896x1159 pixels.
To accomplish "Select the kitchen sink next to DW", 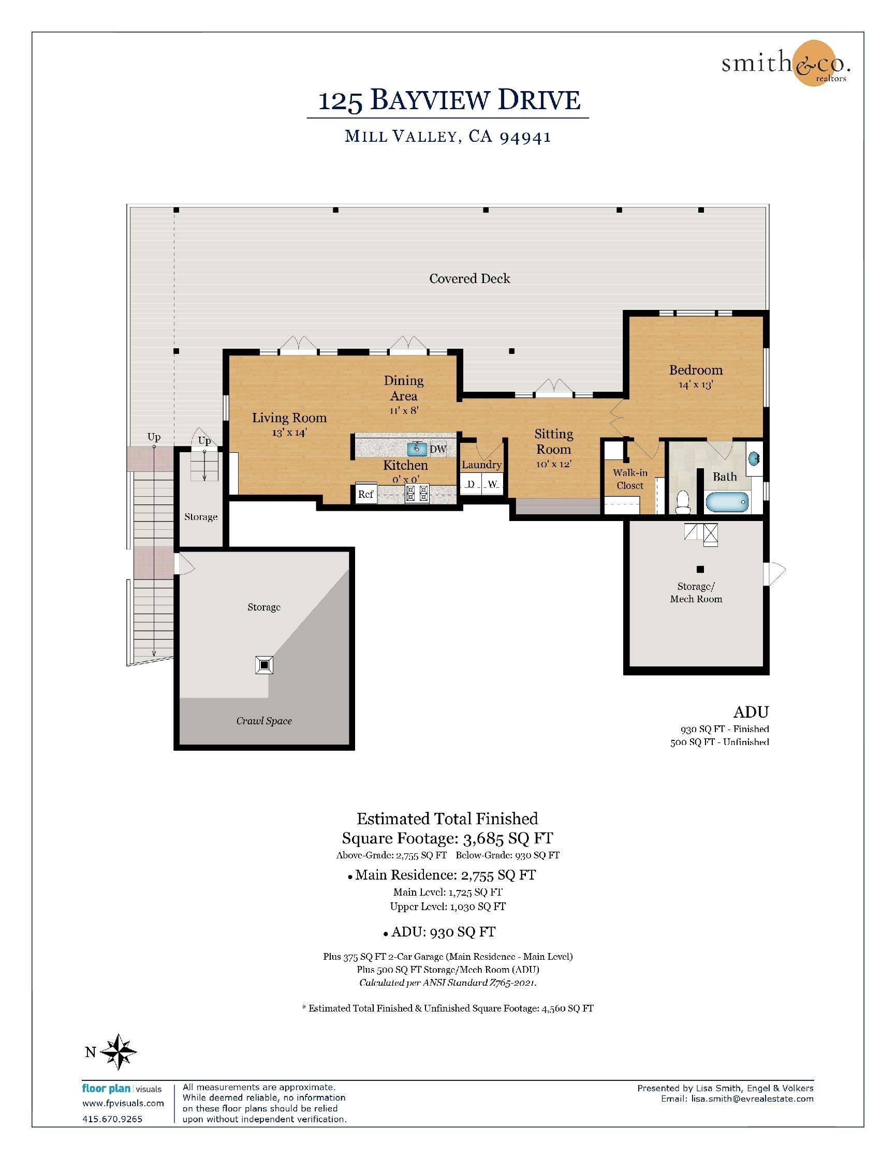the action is [x=417, y=449].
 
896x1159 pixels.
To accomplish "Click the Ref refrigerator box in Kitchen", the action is [x=366, y=494].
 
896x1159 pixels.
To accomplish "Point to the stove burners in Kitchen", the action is [x=417, y=494].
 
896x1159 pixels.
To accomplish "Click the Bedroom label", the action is [x=696, y=370].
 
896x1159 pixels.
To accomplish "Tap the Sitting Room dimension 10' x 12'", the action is [x=554, y=464].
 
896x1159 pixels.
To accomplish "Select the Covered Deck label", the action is [x=470, y=278].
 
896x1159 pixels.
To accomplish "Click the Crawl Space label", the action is [x=264, y=721].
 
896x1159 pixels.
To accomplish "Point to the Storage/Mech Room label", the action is [x=696, y=593].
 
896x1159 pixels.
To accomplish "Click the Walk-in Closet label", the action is [x=630, y=479].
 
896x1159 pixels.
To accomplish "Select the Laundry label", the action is [x=481, y=465].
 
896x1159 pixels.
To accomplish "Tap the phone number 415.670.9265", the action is [x=112, y=1119].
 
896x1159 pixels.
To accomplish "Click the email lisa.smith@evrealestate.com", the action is [x=752, y=1098].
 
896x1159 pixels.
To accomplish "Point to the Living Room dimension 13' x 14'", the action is [x=289, y=433].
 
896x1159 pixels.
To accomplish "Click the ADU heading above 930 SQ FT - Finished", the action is [x=751, y=711].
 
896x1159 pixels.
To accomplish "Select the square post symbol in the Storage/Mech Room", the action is [x=700, y=570].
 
